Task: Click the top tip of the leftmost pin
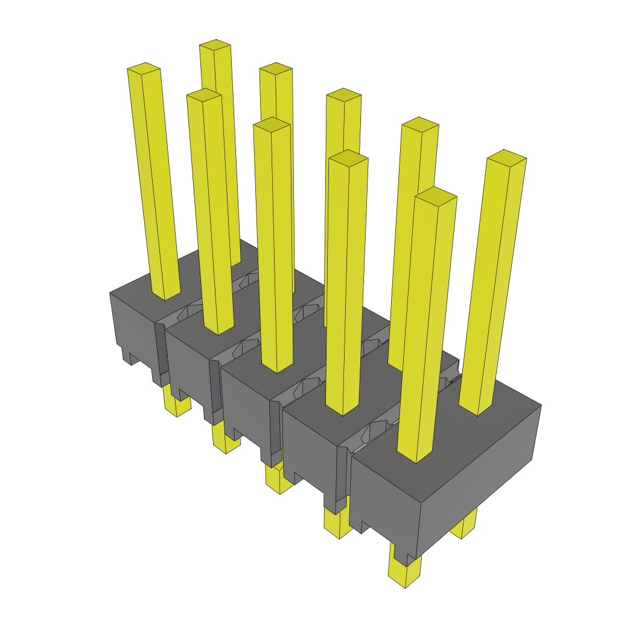coord(144,67)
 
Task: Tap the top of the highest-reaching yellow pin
coord(215,45)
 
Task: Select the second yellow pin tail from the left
coord(226,441)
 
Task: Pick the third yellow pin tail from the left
coord(278,480)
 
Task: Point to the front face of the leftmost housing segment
coord(133,326)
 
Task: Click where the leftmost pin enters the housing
coord(165,295)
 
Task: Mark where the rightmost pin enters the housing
coord(477,410)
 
